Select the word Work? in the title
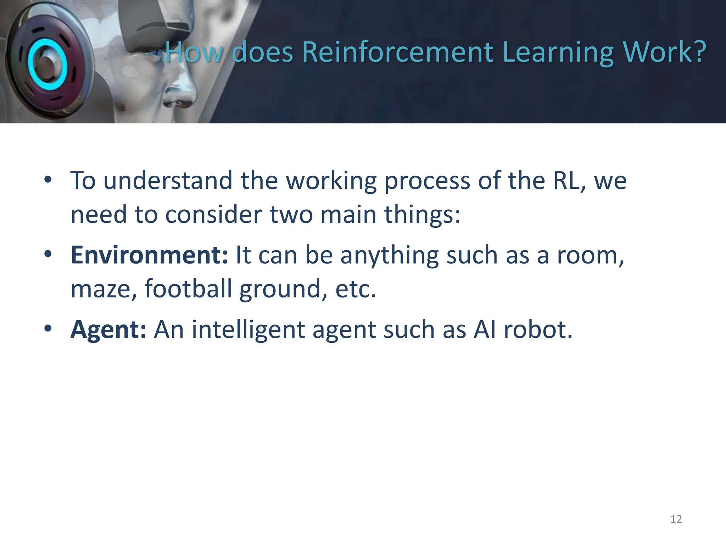[667, 52]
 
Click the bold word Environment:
[149, 255]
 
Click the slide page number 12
[676, 519]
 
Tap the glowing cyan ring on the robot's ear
[47, 64]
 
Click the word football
[188, 289]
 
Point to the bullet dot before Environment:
[48, 254]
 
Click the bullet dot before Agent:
[48, 329]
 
